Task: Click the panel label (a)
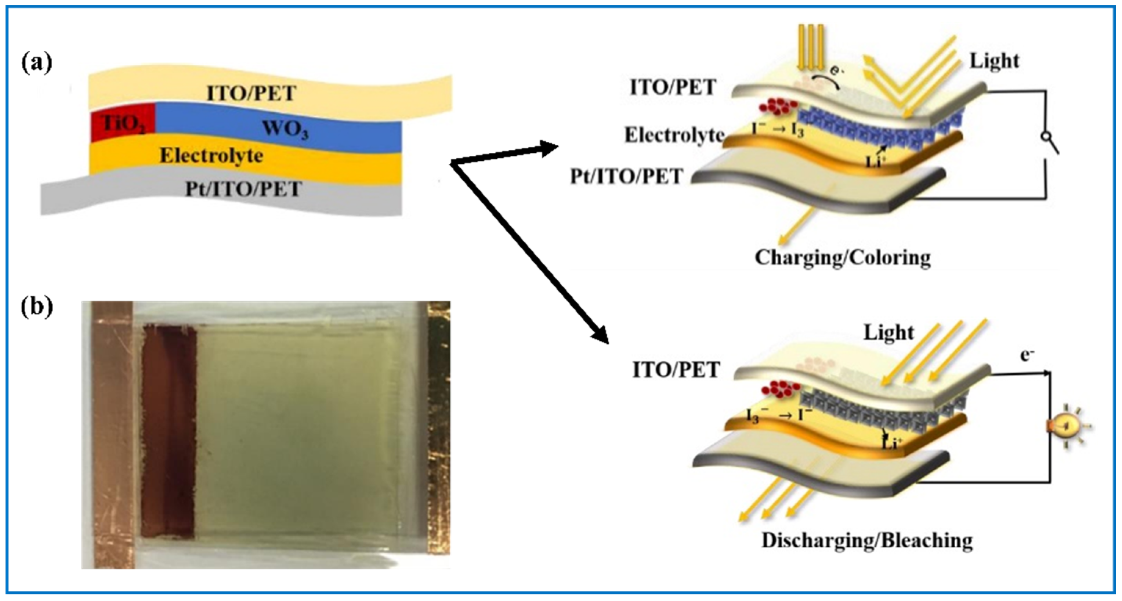[x=37, y=64]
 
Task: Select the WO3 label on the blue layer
[x=285, y=129]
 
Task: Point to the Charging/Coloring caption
[x=843, y=257]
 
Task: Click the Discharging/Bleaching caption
[x=867, y=540]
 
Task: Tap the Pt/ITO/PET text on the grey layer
[x=243, y=189]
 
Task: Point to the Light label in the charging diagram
[x=994, y=61]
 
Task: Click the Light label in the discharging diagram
[x=888, y=333]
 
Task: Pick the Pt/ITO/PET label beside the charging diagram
[x=627, y=176]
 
